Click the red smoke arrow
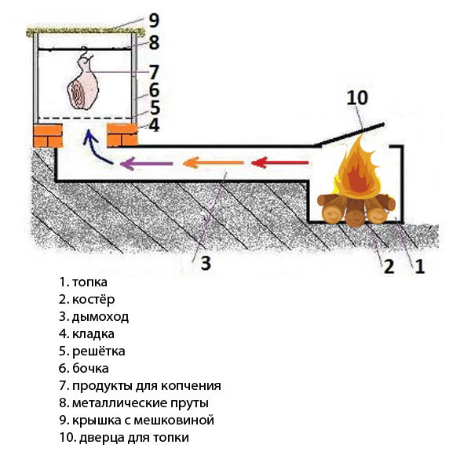click(x=280, y=162)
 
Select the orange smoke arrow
click(x=213, y=163)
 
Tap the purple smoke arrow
click(x=146, y=164)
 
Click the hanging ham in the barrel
click(x=83, y=82)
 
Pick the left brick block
click(x=48, y=135)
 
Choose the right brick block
click(x=122, y=135)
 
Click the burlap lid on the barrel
click(x=86, y=31)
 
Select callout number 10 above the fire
click(x=357, y=98)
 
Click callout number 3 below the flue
click(x=206, y=264)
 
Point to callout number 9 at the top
click(x=154, y=20)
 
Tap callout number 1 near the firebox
click(x=419, y=266)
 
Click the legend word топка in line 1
click(x=89, y=282)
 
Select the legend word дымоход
click(x=100, y=317)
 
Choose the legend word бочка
click(x=90, y=368)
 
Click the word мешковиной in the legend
click(x=173, y=420)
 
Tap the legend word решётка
click(x=99, y=352)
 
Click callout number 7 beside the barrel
click(x=154, y=72)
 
